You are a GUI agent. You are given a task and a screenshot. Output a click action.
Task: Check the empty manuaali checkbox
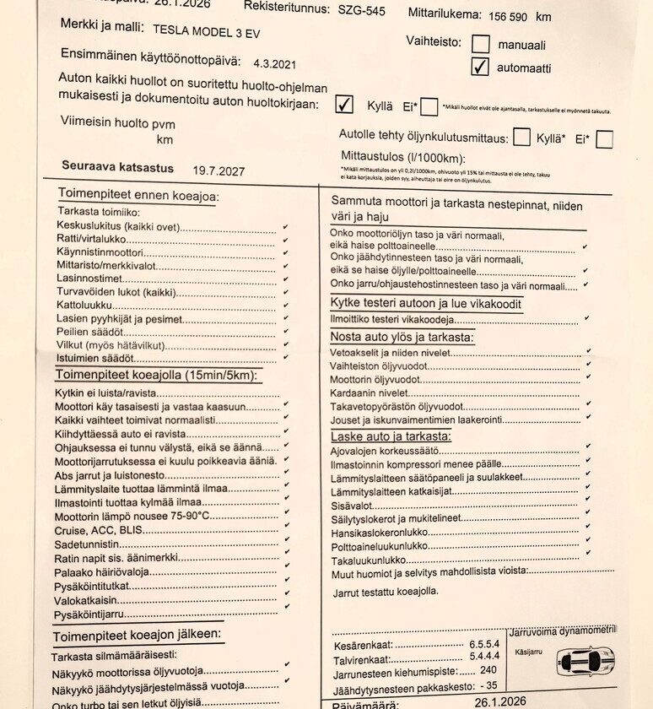tap(480, 44)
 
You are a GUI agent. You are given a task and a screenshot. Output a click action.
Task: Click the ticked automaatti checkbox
tap(480, 67)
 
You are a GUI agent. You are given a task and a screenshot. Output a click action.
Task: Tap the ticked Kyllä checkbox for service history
tap(344, 104)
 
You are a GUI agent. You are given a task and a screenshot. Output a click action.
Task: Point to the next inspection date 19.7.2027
tap(219, 170)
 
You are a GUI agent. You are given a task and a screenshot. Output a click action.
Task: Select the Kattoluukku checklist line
tap(84, 305)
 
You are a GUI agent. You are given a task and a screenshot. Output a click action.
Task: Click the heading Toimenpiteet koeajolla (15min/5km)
tap(157, 376)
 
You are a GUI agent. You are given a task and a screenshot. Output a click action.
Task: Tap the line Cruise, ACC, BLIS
tap(94, 530)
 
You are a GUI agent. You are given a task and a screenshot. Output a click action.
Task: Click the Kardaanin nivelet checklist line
tap(370, 392)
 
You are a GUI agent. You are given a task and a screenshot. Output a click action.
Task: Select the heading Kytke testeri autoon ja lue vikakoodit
tap(425, 304)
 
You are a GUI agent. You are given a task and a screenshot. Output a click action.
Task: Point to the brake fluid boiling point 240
tap(488, 670)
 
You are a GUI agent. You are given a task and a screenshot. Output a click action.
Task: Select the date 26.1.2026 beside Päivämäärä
tap(499, 701)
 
